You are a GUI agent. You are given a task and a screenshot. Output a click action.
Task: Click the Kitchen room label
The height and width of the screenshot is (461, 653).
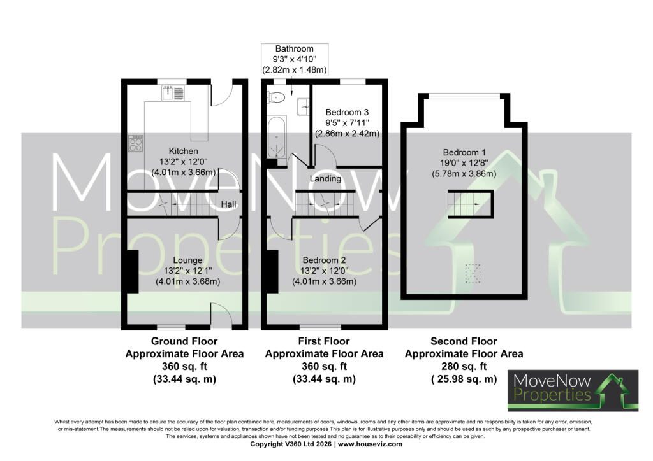click(183, 151)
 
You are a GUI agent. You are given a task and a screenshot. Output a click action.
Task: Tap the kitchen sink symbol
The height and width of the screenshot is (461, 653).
click(173, 93)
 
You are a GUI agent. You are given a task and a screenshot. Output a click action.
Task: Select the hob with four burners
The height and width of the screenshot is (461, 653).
click(136, 143)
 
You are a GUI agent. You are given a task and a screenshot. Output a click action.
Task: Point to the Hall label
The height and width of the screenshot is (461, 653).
click(228, 204)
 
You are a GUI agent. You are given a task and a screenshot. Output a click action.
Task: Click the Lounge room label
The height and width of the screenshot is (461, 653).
click(187, 260)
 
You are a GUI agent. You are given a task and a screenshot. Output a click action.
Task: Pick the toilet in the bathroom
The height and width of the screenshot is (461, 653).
click(277, 97)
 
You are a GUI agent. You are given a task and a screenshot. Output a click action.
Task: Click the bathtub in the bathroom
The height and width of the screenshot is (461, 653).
click(277, 137)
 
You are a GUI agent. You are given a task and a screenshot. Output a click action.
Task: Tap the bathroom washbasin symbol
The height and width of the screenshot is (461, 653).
click(303, 107)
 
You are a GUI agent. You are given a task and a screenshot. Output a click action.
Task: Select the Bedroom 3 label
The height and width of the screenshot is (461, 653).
click(347, 112)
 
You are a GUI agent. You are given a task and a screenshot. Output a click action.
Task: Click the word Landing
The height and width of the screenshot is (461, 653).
click(325, 179)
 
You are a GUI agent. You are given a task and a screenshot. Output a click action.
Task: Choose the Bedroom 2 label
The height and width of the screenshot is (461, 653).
click(324, 260)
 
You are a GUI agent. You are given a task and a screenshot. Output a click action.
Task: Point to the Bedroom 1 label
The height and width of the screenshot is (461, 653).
click(464, 153)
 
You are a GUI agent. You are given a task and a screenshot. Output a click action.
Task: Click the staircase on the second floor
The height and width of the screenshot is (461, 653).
click(471, 204)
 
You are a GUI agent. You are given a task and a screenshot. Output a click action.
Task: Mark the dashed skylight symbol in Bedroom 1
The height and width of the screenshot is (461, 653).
click(473, 273)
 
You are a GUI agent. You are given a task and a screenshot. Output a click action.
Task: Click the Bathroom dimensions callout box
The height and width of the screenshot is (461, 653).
click(295, 59)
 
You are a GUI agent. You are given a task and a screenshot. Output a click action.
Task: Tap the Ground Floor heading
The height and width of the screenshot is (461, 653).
click(184, 341)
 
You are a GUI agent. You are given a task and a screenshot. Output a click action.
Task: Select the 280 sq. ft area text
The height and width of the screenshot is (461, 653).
click(464, 367)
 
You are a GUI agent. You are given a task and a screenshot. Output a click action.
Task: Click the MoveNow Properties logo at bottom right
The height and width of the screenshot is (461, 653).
click(573, 390)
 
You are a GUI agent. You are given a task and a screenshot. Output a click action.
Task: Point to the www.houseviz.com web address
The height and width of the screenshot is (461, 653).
click(371, 444)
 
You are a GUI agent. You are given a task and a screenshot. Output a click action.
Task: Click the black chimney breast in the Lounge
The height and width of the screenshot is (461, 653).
click(133, 271)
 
